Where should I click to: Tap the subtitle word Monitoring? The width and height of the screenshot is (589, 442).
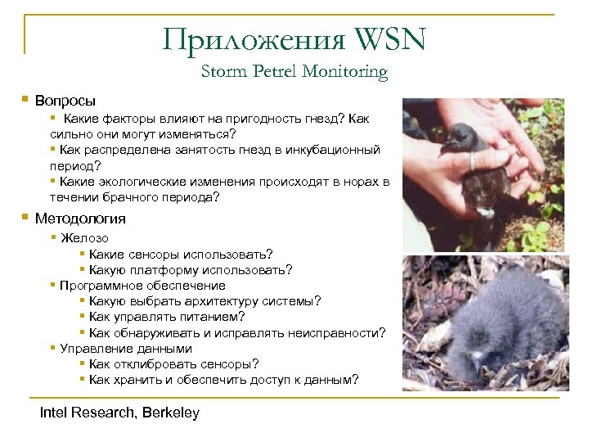(x=344, y=72)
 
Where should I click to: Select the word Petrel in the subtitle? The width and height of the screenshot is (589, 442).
(x=272, y=72)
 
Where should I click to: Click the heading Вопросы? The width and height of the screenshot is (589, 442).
(x=65, y=101)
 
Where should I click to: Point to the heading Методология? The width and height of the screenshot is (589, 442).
(x=80, y=219)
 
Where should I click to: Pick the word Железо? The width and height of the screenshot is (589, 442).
(x=84, y=238)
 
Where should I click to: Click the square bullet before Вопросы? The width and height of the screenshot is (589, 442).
(x=26, y=101)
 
